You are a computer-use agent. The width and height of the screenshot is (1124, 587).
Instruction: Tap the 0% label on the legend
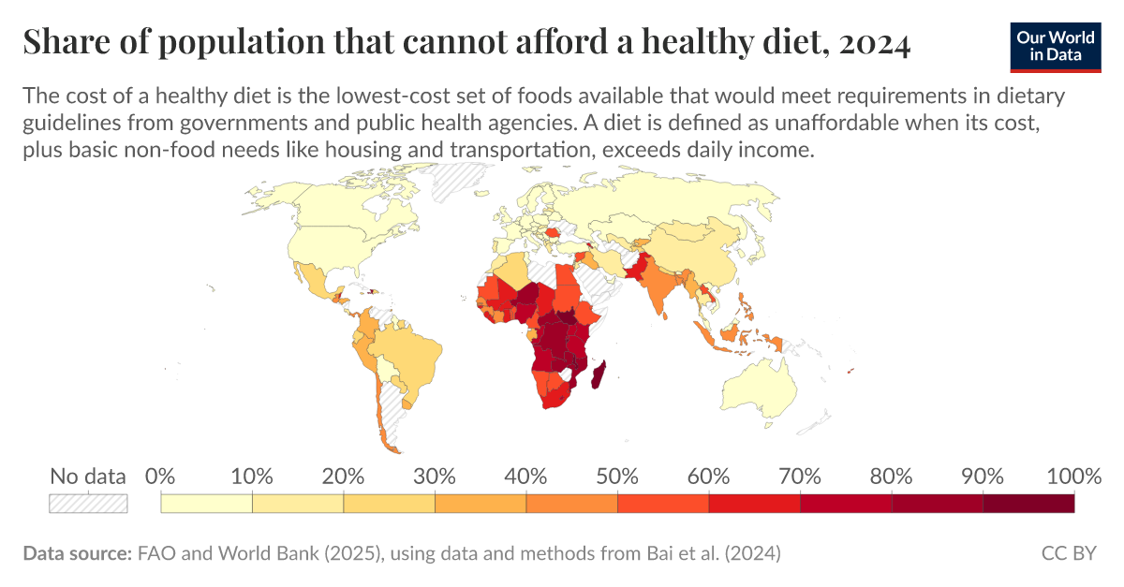[161, 476]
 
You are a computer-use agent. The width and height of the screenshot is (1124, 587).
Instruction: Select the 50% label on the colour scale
[617, 476]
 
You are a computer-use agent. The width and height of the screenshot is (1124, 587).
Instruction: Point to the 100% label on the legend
[1072, 476]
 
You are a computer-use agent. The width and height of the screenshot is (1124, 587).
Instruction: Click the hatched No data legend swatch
[88, 504]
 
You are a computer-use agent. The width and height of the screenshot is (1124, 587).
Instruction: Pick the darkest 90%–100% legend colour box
[1028, 504]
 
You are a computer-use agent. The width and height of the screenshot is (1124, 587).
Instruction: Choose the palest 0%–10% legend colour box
[206, 504]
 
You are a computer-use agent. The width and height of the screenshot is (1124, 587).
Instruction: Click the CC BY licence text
[1069, 553]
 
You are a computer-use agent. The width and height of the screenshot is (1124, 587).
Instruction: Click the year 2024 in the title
[875, 43]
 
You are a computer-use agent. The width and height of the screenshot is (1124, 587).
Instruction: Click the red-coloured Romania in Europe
[554, 230]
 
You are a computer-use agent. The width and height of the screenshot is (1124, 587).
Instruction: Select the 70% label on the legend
[800, 476]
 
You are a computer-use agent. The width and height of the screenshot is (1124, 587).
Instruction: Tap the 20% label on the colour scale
[343, 476]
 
